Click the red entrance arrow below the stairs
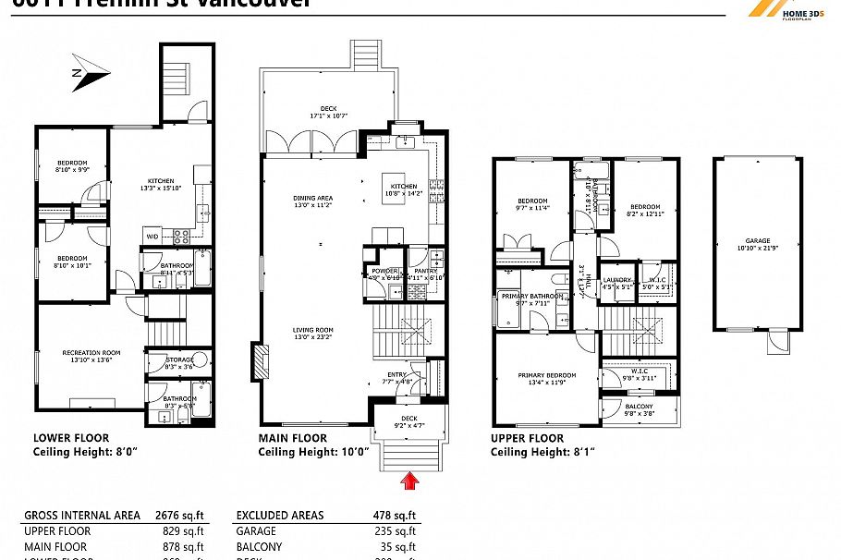(x=408, y=480)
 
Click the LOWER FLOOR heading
(x=70, y=438)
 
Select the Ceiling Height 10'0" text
(x=313, y=452)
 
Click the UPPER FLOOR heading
(x=527, y=438)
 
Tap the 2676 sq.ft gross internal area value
(x=181, y=516)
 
